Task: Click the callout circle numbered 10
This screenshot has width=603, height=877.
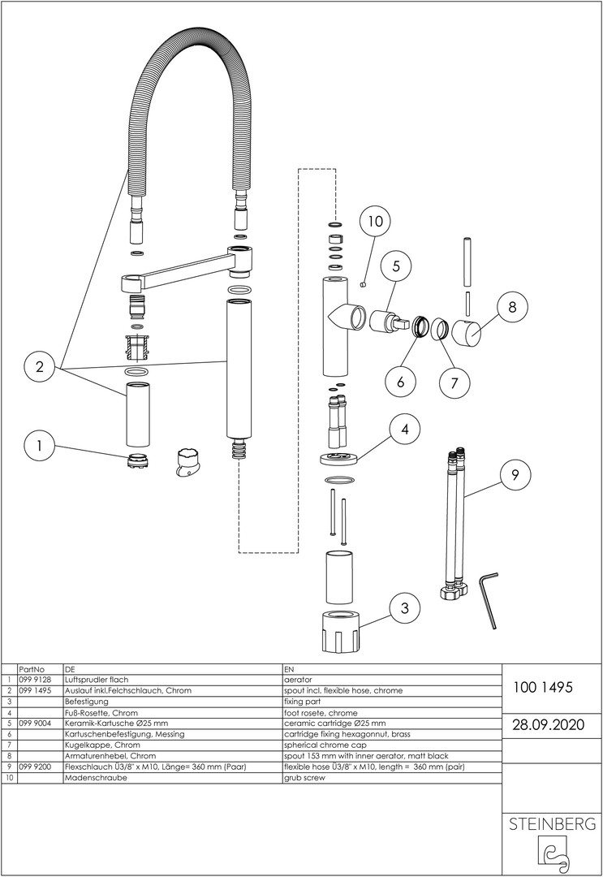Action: click(374, 220)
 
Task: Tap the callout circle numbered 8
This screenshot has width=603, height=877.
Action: click(512, 309)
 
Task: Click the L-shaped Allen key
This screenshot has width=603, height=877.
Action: click(489, 598)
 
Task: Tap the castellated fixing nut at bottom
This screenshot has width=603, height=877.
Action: click(337, 630)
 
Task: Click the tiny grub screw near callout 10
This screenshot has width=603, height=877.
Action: click(363, 283)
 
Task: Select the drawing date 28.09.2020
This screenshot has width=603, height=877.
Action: click(544, 724)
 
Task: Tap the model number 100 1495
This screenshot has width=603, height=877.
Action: click(544, 687)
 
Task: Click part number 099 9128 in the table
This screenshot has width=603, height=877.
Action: click(34, 679)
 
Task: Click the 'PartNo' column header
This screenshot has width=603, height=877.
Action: click(34, 668)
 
